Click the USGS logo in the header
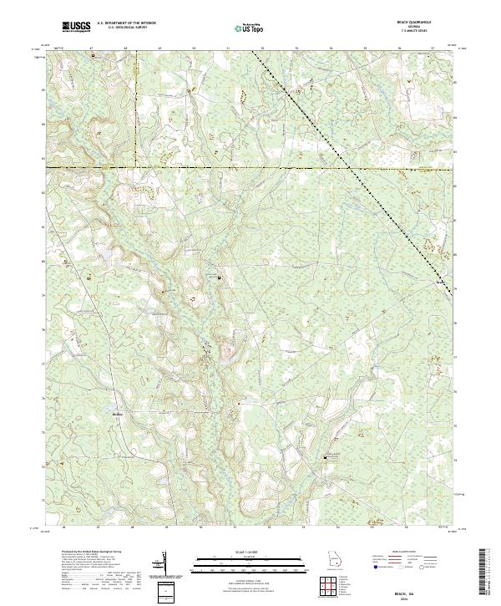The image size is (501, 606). pyautogui.click(x=76, y=27)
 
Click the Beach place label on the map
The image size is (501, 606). pyautogui.click(x=441, y=283)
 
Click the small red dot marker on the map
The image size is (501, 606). pyautogui.click(x=238, y=404)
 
